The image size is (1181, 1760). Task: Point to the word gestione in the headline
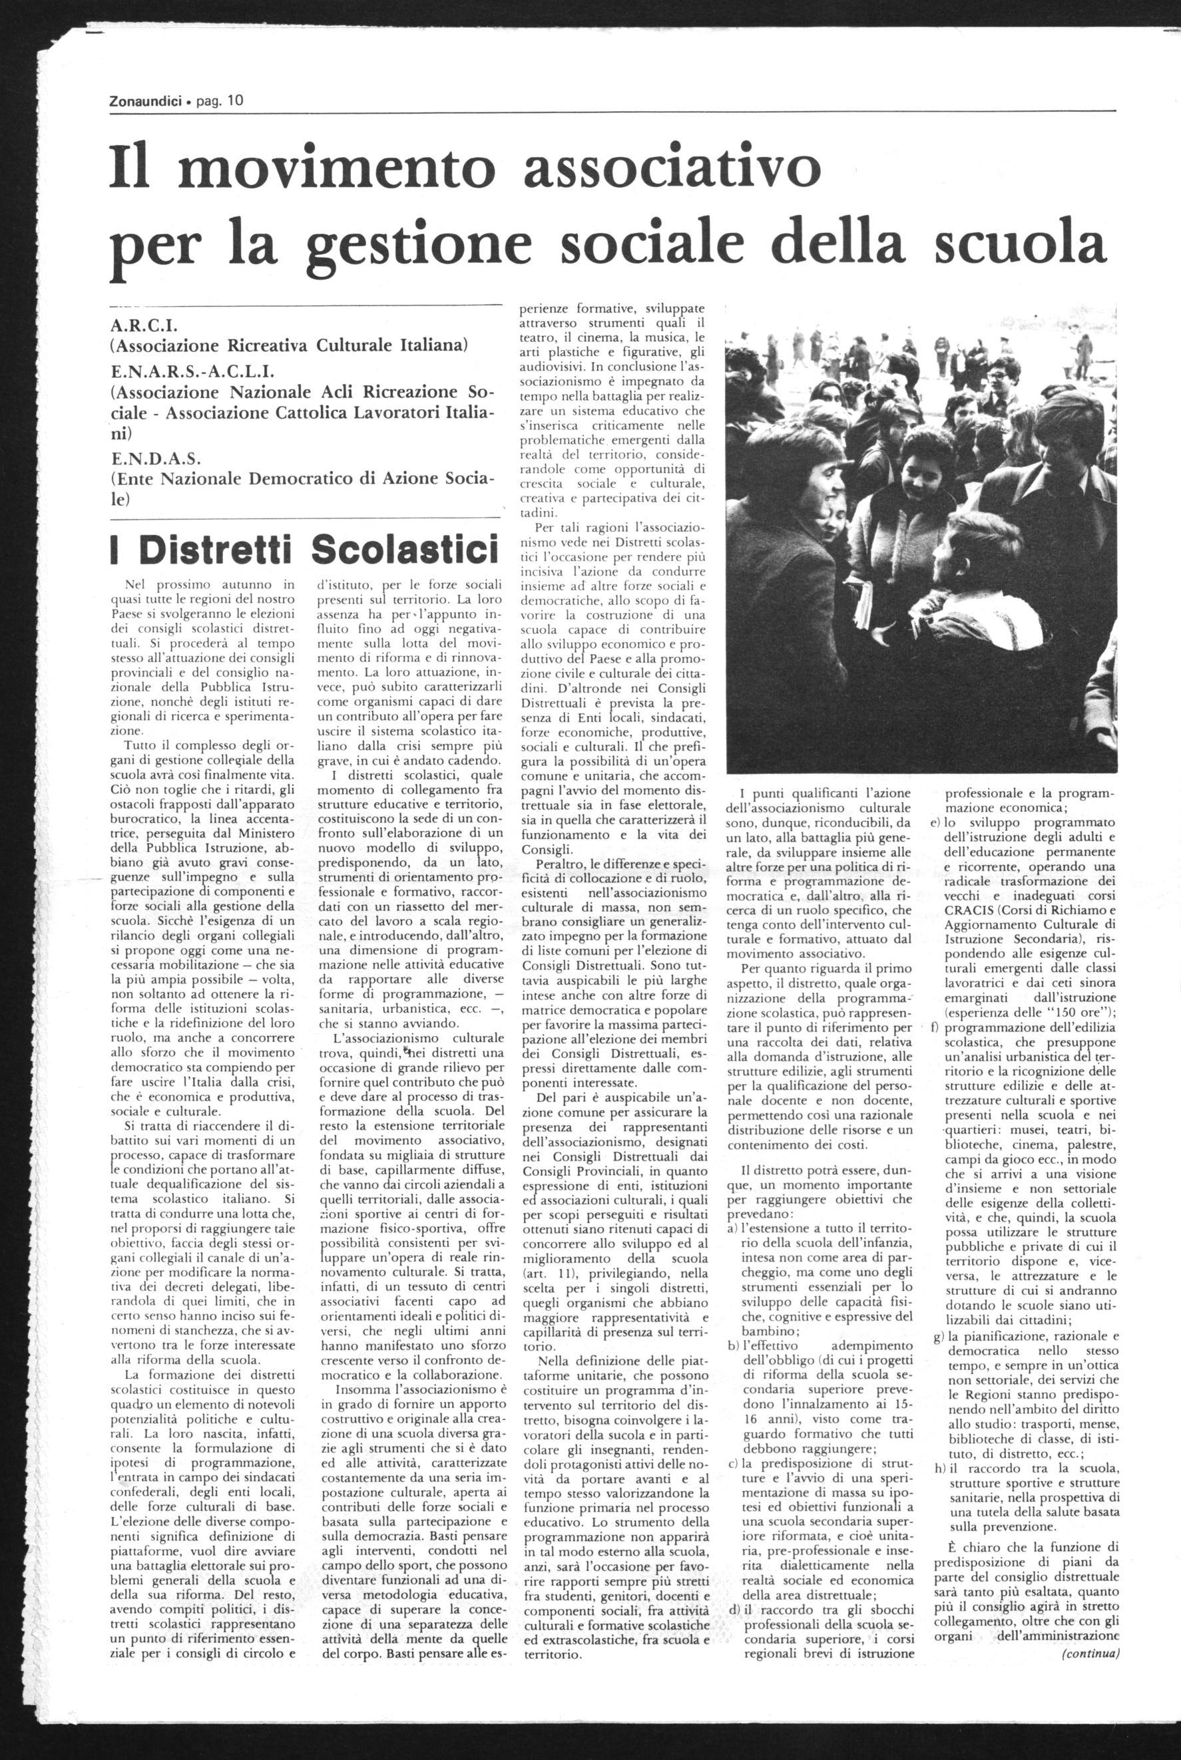click(x=430, y=246)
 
